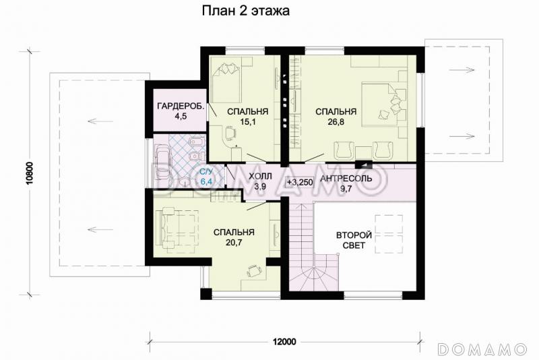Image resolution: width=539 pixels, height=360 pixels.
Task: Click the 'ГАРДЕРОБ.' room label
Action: coord(177,107)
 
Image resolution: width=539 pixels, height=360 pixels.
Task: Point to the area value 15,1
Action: coord(247,122)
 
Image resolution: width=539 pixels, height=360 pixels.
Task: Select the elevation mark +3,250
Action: coord(300,182)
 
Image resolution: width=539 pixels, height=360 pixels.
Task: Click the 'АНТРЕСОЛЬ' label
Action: coord(347,179)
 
